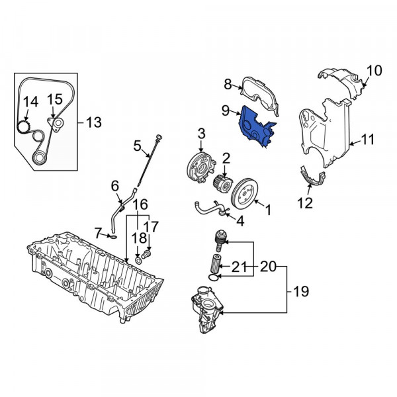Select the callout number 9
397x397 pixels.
(226, 111)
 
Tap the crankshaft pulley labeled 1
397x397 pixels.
(245, 194)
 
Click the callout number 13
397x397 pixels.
(94, 122)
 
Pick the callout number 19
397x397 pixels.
(301, 291)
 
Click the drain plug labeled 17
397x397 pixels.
(146, 254)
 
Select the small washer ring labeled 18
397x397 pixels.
(138, 261)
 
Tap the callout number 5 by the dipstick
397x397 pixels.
(137, 146)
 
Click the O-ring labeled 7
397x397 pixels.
(114, 237)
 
